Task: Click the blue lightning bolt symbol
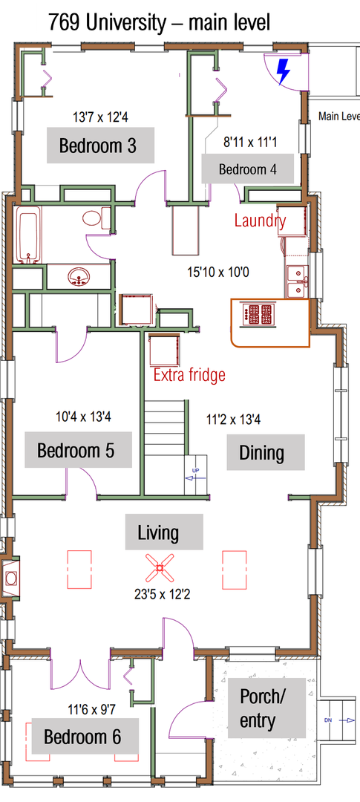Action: tap(283, 71)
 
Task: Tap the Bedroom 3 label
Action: tap(98, 146)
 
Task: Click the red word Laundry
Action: tap(260, 221)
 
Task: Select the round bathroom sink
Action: tap(78, 277)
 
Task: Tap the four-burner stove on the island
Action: tap(260, 314)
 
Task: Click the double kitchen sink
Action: tap(298, 281)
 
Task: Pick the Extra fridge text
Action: tap(189, 375)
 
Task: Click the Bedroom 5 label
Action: tap(76, 451)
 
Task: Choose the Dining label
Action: tap(261, 453)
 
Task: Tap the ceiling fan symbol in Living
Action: tap(159, 568)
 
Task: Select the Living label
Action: tap(158, 532)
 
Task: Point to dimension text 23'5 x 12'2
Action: tap(159, 594)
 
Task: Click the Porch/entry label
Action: tap(264, 708)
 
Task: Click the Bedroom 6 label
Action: tap(82, 737)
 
